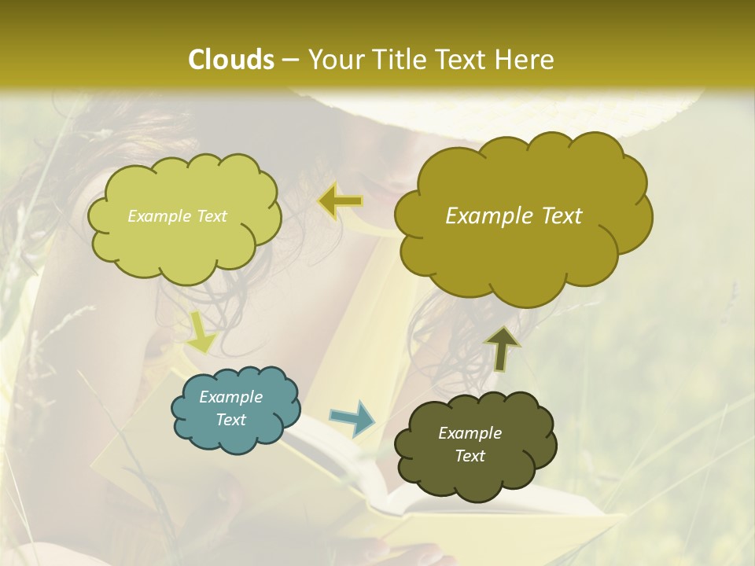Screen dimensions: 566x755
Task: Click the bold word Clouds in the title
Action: [230, 60]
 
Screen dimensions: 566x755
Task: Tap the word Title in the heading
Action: [405, 60]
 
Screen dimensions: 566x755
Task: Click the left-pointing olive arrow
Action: [341, 202]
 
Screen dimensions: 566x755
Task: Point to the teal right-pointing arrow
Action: [352, 418]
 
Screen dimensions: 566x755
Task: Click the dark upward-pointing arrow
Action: [502, 348]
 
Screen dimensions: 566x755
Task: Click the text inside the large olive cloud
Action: [514, 216]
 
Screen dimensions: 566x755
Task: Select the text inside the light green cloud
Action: [177, 216]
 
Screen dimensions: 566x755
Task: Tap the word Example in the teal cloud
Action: [230, 397]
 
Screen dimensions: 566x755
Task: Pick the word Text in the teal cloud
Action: [230, 420]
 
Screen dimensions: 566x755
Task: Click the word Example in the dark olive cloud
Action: [470, 433]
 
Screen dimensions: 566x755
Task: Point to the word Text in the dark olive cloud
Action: [470, 456]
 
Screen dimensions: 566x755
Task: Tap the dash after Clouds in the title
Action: [289, 60]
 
